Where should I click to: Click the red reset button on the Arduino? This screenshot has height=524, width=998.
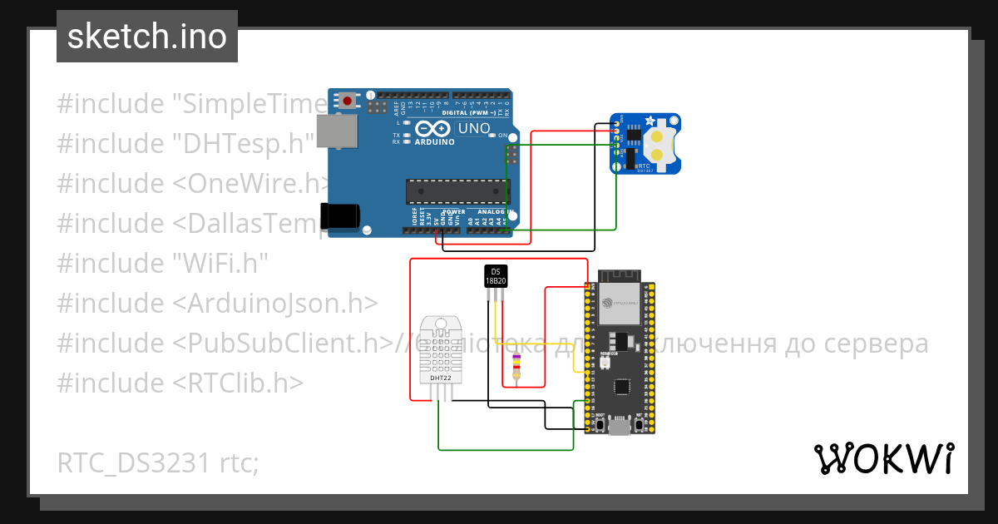tap(347, 101)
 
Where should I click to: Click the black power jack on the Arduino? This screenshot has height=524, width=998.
tap(341, 215)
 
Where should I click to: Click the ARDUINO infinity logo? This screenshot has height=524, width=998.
tap(432, 131)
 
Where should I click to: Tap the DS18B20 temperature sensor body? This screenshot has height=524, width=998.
tap(496, 276)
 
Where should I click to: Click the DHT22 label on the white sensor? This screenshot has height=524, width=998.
tap(441, 378)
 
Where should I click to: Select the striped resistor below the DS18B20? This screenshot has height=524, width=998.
tap(517, 366)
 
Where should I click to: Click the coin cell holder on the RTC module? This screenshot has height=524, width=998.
tap(662, 144)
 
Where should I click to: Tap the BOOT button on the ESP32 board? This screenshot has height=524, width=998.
tap(600, 423)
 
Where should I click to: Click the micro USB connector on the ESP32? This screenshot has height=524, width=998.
tap(619, 428)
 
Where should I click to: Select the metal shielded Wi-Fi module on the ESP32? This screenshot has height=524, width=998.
tap(620, 304)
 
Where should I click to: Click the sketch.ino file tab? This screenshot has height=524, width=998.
tap(147, 37)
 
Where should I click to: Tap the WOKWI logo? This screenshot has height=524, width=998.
tap(882, 458)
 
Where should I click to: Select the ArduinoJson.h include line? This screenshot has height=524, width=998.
tap(217, 304)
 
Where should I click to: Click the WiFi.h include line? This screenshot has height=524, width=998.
tap(162, 264)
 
